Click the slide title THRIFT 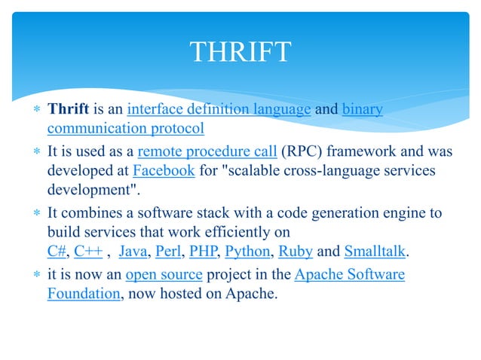click(x=240, y=53)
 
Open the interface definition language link click(x=219, y=110)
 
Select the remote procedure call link click(x=207, y=152)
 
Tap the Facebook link click(x=164, y=171)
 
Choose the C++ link click(x=88, y=252)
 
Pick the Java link click(x=133, y=252)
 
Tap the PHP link click(x=202, y=252)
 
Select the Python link click(x=247, y=252)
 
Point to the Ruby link click(x=296, y=252)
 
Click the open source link click(x=164, y=274)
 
